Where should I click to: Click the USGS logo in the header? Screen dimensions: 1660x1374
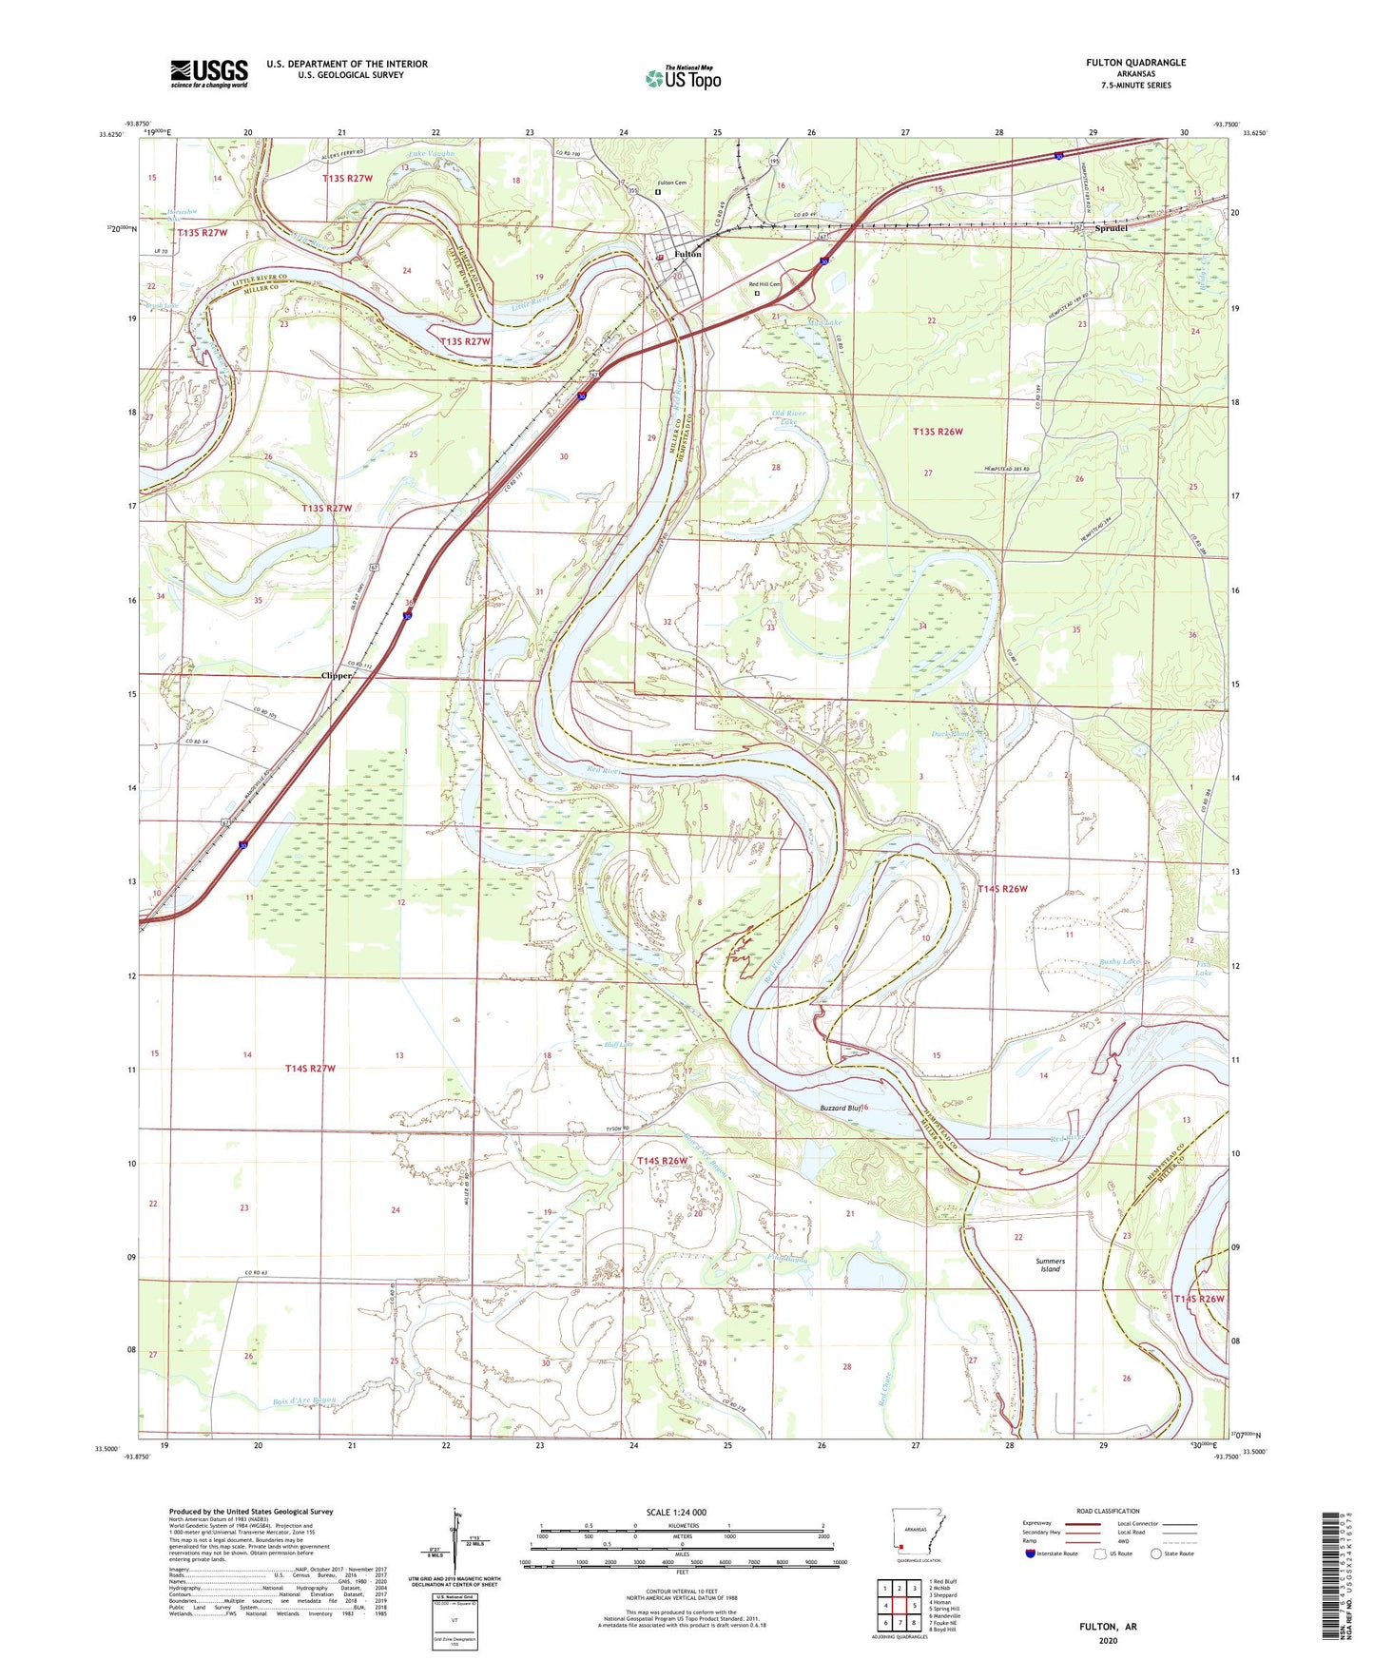click(209, 73)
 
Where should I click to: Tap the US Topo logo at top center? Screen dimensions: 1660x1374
click(683, 78)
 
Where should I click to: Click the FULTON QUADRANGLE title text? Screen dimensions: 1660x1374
click(1135, 63)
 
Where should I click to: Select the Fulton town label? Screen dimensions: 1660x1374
click(687, 255)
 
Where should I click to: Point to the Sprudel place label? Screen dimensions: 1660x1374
click(1111, 229)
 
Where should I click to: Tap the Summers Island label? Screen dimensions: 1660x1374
click(1050, 1264)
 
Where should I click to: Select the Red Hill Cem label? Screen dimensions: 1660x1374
click(764, 284)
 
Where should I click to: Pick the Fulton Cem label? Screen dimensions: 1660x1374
click(672, 183)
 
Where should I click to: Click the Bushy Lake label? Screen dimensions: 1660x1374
click(1119, 962)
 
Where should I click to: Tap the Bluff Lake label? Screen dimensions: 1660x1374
click(619, 1045)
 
